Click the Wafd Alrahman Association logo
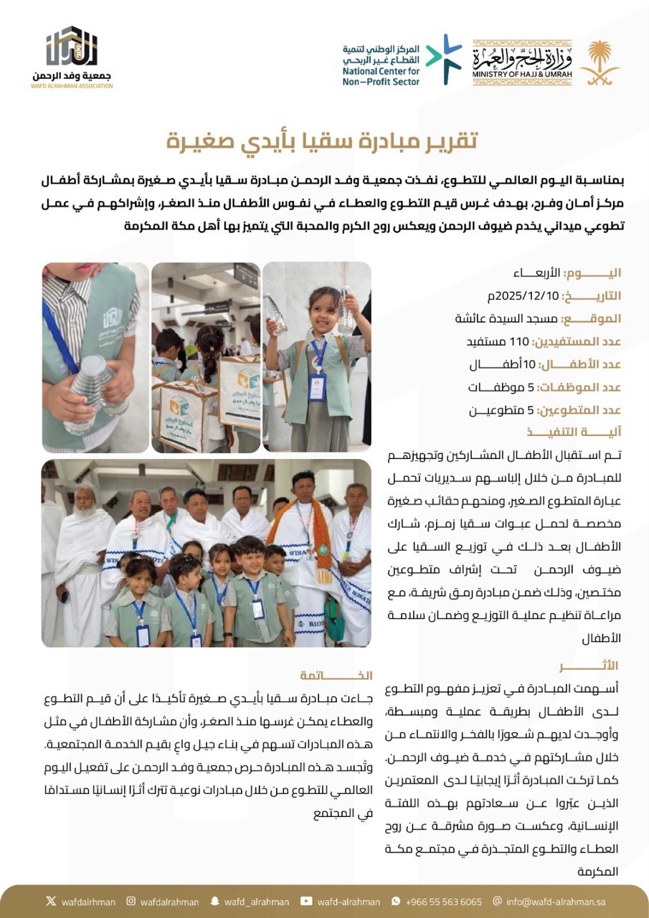[72, 57]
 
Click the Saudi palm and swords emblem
[600, 63]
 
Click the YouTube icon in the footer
[307, 902]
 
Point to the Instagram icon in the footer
[131, 902]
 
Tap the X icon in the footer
[50, 902]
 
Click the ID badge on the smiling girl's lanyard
[316, 386]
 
